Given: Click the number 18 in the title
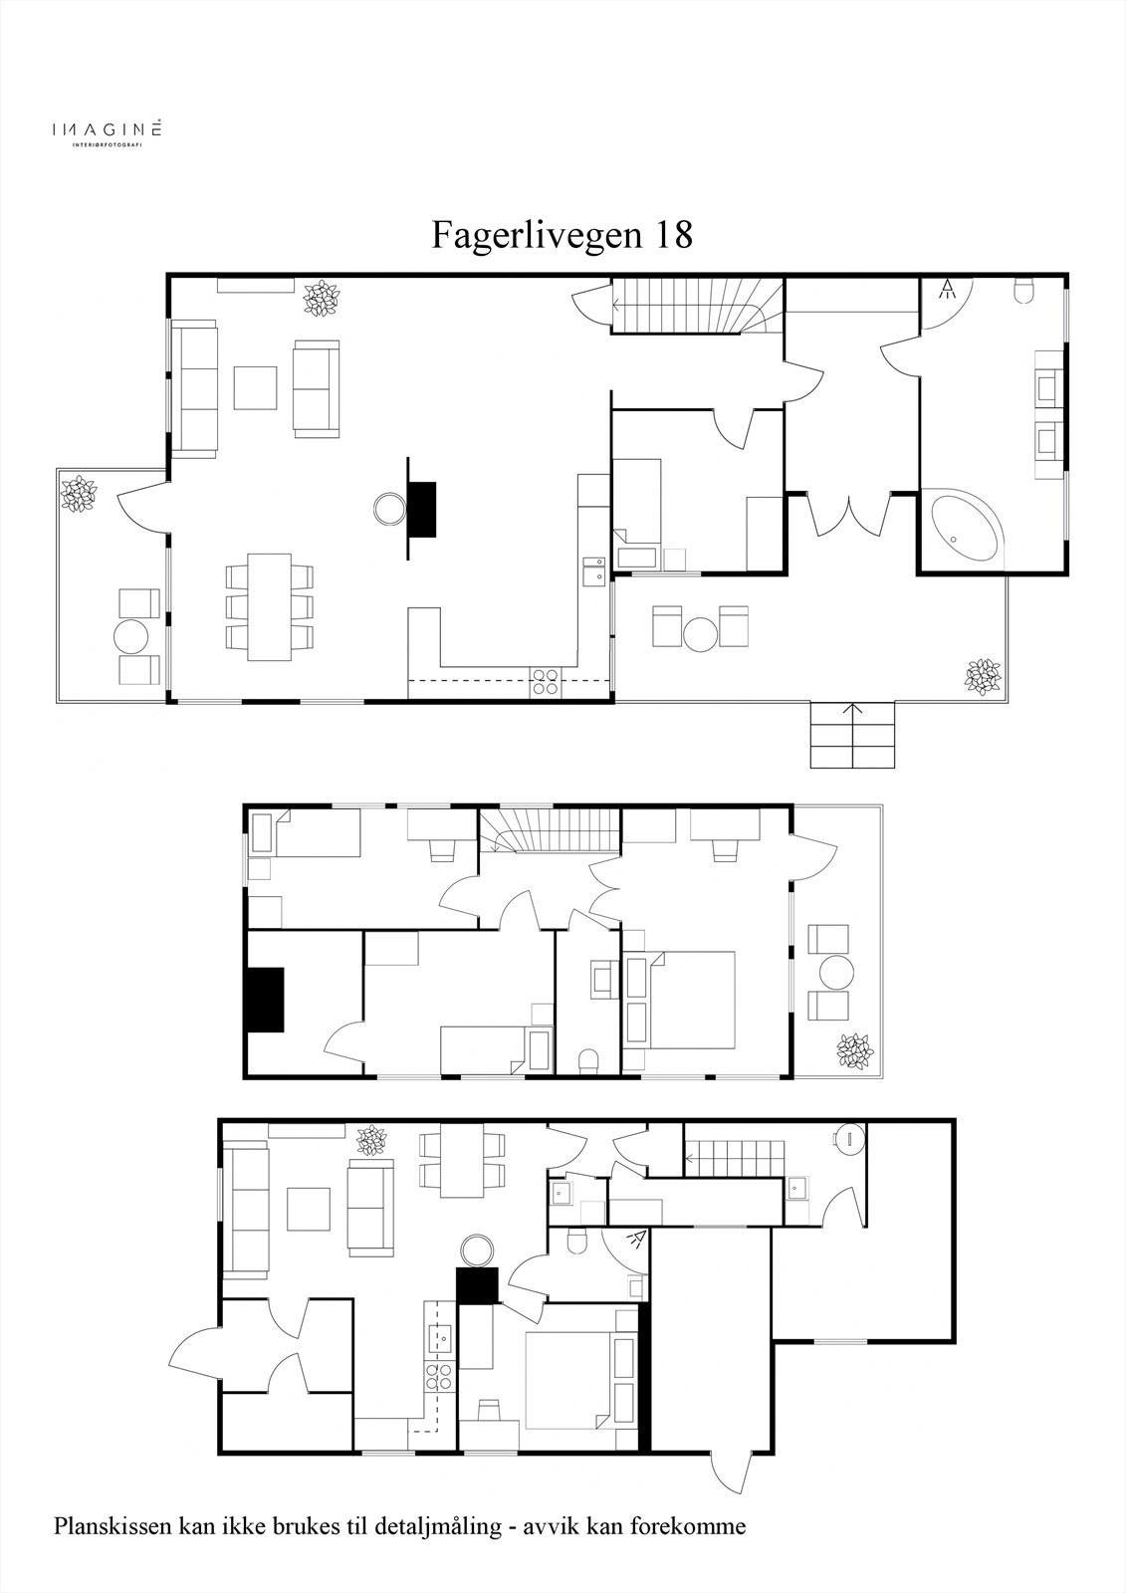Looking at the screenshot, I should pos(672,235).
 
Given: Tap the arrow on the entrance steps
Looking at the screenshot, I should pos(853,710).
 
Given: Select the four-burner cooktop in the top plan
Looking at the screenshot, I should pos(545,681).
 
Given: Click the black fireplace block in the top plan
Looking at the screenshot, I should pos(423,508).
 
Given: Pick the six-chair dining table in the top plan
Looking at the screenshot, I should pos(269,605).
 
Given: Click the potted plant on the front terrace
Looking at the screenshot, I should pos(984,676).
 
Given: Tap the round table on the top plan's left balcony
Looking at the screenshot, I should pos(131,635).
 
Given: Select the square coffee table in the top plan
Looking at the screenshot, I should pos(255,387).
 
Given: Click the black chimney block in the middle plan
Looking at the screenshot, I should pos(266,1000).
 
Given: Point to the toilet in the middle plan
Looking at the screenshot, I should pos(588,1059).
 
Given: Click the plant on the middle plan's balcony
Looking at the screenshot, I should pos(854,1050).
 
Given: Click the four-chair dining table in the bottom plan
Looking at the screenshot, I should pos(463,1161).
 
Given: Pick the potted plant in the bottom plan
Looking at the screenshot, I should pos(372,1140).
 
